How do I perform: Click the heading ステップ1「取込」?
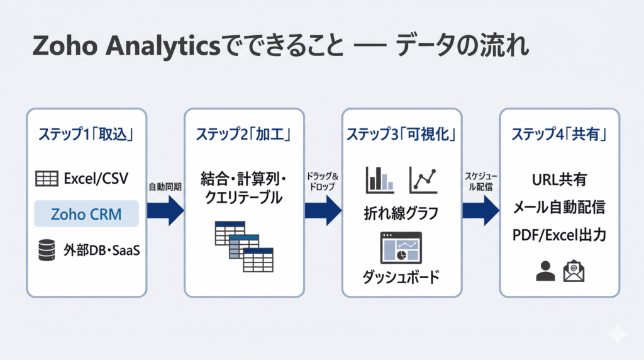(x=86, y=134)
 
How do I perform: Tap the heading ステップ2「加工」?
(x=243, y=134)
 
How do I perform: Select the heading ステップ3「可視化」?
(x=401, y=134)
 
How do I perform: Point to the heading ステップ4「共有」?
(x=559, y=134)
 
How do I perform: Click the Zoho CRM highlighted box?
(x=86, y=214)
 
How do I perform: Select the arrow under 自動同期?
(x=165, y=210)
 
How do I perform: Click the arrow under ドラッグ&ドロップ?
(x=323, y=210)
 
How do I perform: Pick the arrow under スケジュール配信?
(x=480, y=210)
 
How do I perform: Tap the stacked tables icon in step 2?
(x=243, y=246)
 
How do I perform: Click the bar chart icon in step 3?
(x=380, y=180)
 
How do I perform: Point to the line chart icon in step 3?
(x=423, y=180)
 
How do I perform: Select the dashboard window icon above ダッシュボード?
(x=401, y=247)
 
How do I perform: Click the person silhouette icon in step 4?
(x=545, y=271)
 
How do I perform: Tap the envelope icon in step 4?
(x=574, y=271)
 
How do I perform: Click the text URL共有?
(x=559, y=180)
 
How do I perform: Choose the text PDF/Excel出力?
(x=559, y=235)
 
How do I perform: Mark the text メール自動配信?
(x=559, y=207)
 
